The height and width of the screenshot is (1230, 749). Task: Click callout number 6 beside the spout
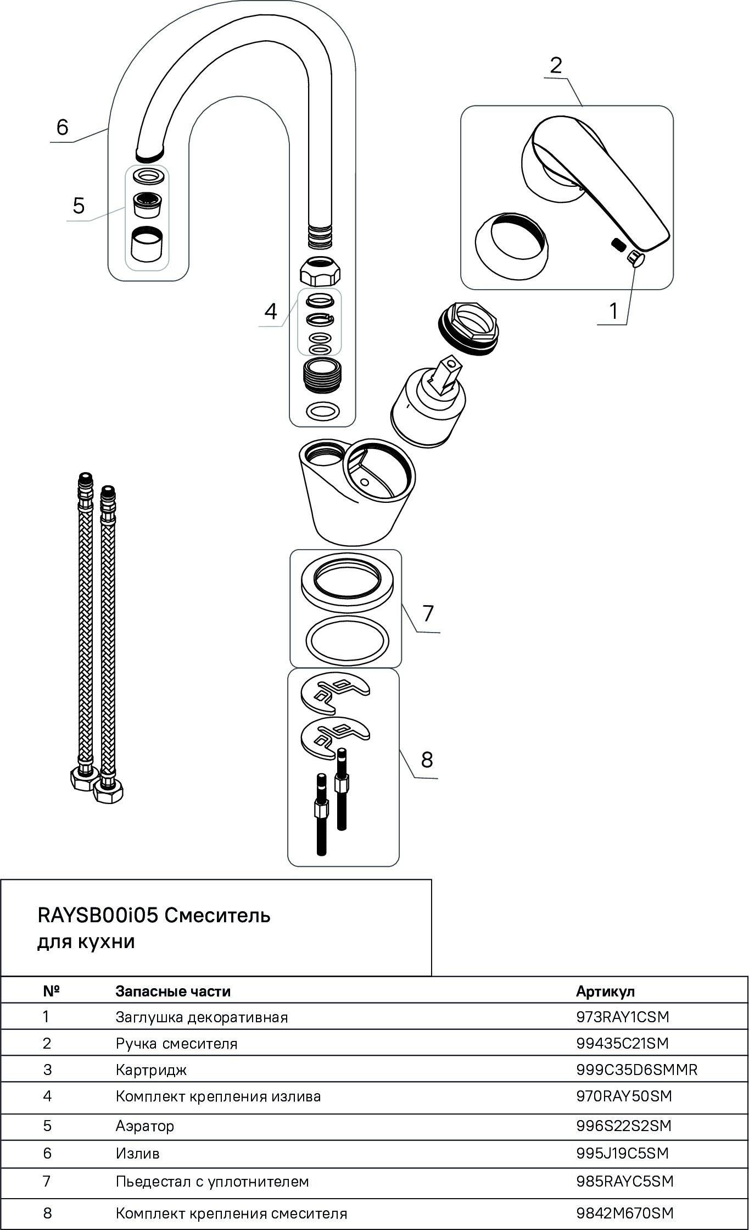click(x=63, y=128)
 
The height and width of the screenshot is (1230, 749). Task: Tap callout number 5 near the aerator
click(x=79, y=206)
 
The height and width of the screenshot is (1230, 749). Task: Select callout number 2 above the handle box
click(x=556, y=65)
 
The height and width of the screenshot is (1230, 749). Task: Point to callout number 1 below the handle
click(x=613, y=311)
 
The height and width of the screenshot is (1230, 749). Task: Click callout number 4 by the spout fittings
click(x=271, y=312)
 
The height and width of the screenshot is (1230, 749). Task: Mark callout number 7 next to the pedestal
click(x=428, y=613)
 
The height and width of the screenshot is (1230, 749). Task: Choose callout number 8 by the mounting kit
click(x=427, y=760)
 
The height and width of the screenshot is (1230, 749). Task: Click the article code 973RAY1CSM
click(x=623, y=1017)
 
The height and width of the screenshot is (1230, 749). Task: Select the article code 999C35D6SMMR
click(x=636, y=1070)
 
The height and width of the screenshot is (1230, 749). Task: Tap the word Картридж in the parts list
click(x=151, y=1070)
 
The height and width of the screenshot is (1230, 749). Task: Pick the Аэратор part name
click(x=145, y=1126)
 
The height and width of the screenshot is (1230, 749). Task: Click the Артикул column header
click(x=605, y=991)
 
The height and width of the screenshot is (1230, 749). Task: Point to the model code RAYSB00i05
click(x=98, y=915)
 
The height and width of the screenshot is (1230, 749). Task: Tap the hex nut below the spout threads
click(x=321, y=270)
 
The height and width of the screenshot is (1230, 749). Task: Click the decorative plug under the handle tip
click(x=636, y=258)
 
